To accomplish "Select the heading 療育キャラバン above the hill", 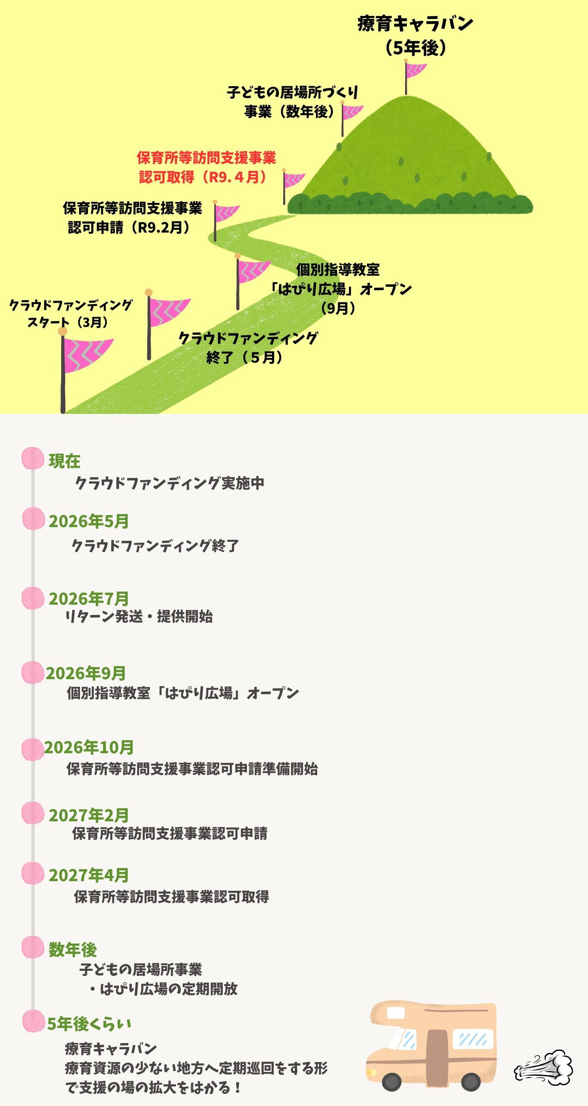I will coord(415,24).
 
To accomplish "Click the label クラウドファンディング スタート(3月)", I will coord(71,314).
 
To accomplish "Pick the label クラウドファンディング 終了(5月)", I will coord(248,348).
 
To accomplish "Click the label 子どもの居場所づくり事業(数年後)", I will coord(292,102).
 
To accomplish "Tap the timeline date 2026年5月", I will coord(89,521).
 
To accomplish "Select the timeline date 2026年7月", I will coord(89,599).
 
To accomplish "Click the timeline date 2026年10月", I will coord(89,748).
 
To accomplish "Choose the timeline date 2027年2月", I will coord(89,815).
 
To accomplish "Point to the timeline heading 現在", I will coord(65,461).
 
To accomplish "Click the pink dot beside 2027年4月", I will coord(33,873).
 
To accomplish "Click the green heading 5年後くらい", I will coord(89,1024).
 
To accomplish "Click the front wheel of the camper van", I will coord(391,1081).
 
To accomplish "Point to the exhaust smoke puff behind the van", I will coord(545,1067).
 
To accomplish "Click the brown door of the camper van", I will coord(436,1057).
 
